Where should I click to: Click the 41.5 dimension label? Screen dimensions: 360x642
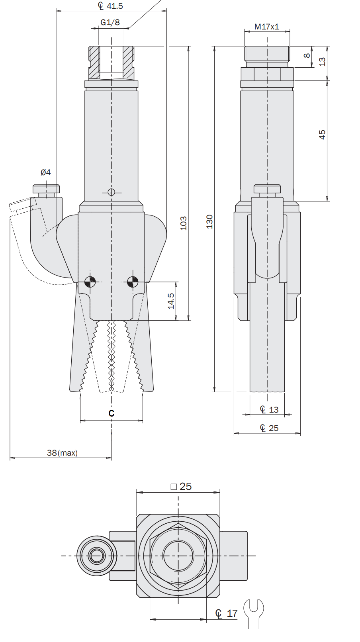coord(110,6)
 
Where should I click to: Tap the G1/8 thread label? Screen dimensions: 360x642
coord(110,22)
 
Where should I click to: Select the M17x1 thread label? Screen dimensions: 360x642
coord(267,27)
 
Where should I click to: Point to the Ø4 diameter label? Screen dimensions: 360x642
coord(45,172)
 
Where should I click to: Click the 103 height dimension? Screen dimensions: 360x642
coord(183,223)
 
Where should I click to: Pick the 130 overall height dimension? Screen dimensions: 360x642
coord(209,221)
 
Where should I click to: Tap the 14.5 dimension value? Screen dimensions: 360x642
coord(171,301)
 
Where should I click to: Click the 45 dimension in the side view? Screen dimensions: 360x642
coord(322,135)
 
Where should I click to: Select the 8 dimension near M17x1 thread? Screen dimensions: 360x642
coord(307,55)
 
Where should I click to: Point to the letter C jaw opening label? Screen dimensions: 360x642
coord(112,413)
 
